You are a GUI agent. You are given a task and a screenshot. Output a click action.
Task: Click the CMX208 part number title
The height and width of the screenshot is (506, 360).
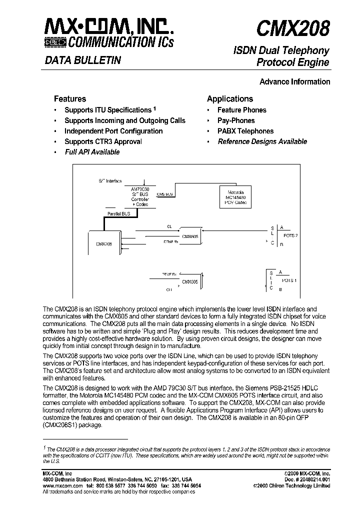(293, 29)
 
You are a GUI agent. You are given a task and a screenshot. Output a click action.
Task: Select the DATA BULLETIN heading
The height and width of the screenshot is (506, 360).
(83, 60)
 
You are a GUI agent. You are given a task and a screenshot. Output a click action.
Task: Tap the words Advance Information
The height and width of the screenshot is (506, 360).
(295, 81)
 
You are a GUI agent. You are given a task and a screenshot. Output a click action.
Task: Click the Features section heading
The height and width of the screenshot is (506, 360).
(70, 99)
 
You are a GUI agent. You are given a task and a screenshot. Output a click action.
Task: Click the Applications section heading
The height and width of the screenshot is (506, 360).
(230, 99)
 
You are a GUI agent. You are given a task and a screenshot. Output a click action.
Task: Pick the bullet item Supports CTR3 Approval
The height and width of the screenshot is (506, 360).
(103, 141)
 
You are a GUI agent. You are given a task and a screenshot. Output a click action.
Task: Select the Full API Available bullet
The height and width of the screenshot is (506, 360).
(92, 152)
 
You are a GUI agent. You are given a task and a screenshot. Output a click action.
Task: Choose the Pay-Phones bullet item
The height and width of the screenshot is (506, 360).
(236, 120)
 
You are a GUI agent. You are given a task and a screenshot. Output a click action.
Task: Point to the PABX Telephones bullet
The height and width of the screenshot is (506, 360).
(245, 131)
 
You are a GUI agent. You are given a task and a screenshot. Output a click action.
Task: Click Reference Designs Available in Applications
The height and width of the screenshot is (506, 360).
(262, 141)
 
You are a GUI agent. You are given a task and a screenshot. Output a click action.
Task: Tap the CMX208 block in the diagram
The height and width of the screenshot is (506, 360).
(104, 244)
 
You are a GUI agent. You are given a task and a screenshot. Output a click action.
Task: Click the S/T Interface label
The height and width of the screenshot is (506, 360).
(109, 181)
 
